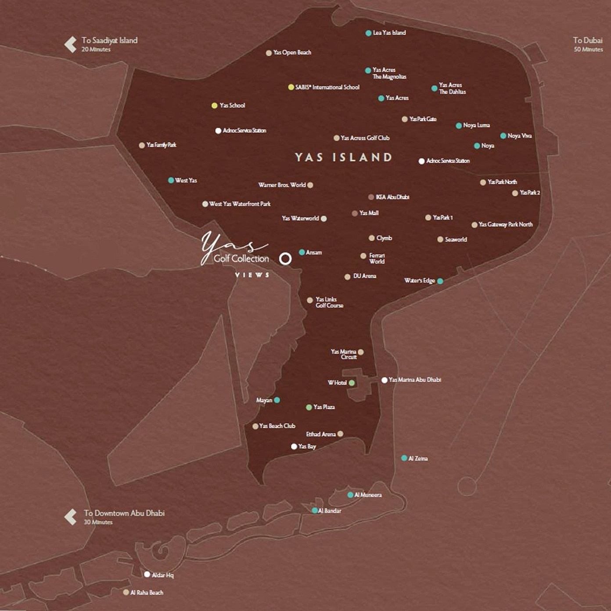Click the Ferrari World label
377,259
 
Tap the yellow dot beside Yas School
214,106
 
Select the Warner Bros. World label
282,185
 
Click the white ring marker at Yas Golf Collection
285,259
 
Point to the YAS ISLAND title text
344,158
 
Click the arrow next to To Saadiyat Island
71,44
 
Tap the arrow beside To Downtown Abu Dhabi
71,517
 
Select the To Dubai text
588,40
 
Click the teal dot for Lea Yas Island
369,33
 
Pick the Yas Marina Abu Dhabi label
415,380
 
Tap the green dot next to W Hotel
352,383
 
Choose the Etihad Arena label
321,435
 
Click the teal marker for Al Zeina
404,458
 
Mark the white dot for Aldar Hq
147,575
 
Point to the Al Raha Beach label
147,593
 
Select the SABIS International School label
327,87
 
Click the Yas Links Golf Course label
329,302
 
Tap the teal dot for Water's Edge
440,281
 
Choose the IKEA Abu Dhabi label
392,197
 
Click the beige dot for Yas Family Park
142,145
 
